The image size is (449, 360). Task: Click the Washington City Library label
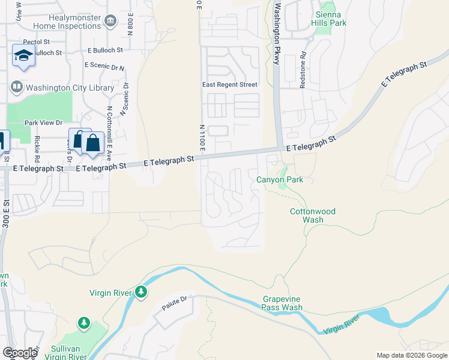pos(70,88)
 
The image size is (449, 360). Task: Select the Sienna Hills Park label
pos(328,19)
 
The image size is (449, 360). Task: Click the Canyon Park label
pos(279,179)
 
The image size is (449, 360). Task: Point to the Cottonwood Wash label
pos(313,215)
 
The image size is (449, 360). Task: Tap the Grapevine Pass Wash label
pos(282,303)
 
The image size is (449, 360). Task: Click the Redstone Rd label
pos(304,70)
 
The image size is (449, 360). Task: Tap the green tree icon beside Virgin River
pos(141,292)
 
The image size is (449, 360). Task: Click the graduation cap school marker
pos(23,56)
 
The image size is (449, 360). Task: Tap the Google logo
pos(20,353)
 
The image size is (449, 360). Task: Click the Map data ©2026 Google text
pos(411,355)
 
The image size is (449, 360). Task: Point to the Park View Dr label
pos(43,123)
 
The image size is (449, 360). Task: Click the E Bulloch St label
pos(104,50)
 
